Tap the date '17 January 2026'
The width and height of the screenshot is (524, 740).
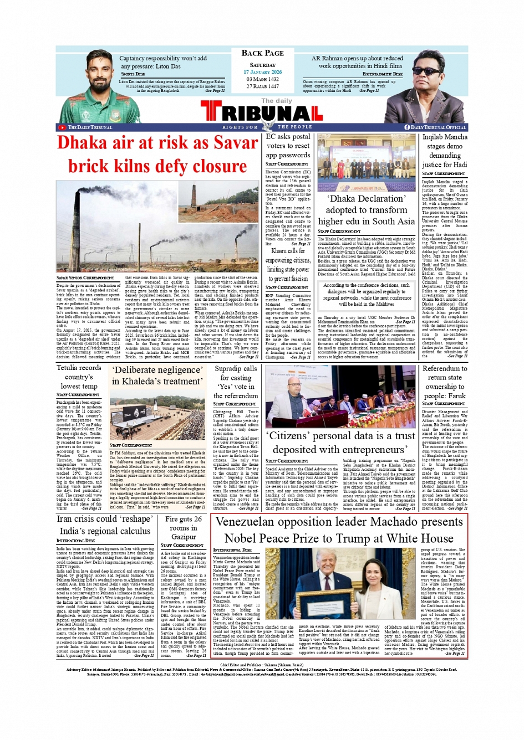coord(262,72)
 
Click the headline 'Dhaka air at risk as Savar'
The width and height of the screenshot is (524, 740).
coord(157,143)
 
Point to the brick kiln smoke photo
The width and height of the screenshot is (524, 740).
coord(157,226)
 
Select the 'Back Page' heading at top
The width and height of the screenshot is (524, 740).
coord(262,53)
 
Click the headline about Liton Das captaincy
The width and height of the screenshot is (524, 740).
coord(163,62)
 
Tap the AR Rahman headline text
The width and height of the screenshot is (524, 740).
coord(357,62)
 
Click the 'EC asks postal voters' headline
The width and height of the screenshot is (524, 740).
coord(288,146)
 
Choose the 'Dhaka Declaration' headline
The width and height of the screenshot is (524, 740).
coord(366,210)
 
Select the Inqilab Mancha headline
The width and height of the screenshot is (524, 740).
coord(445,150)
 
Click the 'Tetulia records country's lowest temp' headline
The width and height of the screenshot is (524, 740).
coord(79,377)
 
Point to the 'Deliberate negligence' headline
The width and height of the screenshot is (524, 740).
coord(157,376)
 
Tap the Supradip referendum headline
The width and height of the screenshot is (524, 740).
coord(236,382)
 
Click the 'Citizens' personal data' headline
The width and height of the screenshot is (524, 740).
coord(340,443)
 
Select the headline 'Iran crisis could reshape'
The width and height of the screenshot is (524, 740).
coord(104,525)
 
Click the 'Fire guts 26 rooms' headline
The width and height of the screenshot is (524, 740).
coord(184,528)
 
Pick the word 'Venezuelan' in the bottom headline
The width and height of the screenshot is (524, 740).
coord(249,522)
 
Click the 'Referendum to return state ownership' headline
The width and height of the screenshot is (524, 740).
coord(445,382)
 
